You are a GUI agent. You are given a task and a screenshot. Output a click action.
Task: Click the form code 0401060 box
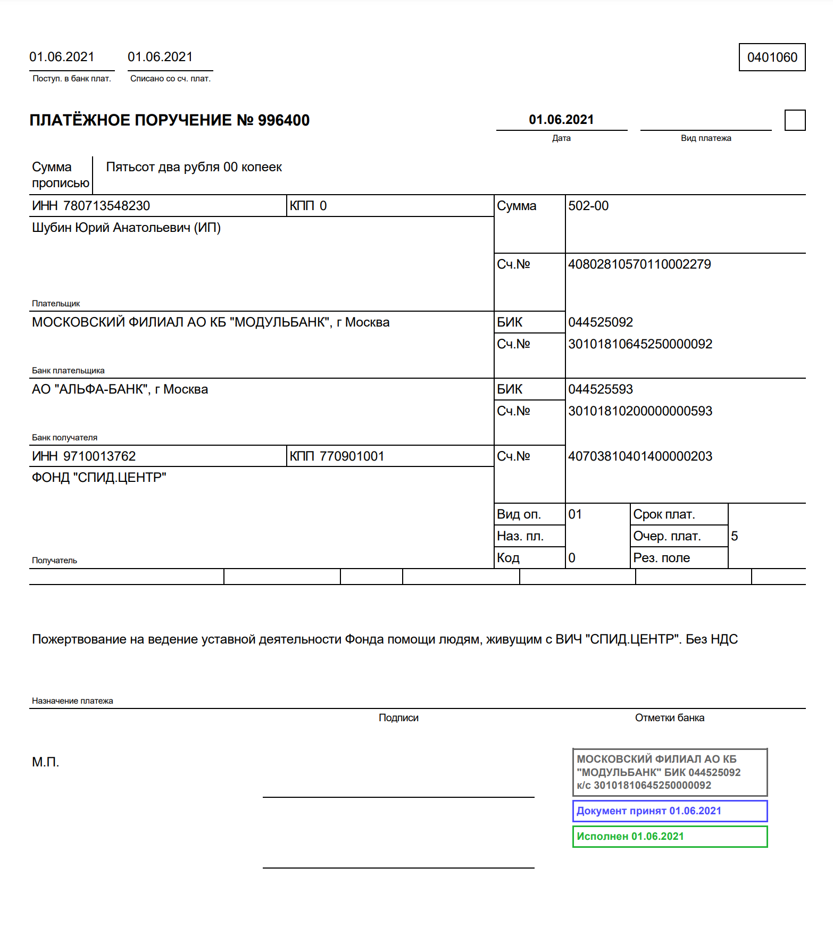pyautogui.click(x=772, y=57)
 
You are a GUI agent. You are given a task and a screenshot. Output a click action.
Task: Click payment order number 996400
pyautogui.click(x=284, y=120)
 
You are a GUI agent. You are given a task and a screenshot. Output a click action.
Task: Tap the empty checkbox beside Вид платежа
pyautogui.click(x=795, y=120)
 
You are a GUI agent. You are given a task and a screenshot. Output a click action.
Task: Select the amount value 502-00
pyautogui.click(x=588, y=206)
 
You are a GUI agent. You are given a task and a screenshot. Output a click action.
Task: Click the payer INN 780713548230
pyautogui.click(x=106, y=206)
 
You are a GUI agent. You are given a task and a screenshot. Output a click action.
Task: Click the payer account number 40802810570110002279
pyautogui.click(x=639, y=264)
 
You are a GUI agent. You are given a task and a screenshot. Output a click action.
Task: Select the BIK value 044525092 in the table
pyautogui.click(x=601, y=322)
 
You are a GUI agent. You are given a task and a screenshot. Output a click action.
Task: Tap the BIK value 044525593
pyautogui.click(x=601, y=389)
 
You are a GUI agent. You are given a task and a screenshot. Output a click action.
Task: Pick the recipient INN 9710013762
pyautogui.click(x=99, y=456)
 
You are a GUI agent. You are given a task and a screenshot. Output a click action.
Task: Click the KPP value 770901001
pyautogui.click(x=352, y=456)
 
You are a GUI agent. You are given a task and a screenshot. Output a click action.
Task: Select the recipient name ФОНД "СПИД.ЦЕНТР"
pyautogui.click(x=99, y=478)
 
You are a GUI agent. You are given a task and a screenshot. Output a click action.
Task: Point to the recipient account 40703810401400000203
pyautogui.click(x=640, y=456)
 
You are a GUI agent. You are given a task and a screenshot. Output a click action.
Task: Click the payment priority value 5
pyautogui.click(x=735, y=536)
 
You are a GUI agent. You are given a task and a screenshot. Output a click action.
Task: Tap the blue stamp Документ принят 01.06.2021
pyautogui.click(x=670, y=811)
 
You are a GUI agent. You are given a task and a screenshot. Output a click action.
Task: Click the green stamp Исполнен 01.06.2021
pyautogui.click(x=670, y=837)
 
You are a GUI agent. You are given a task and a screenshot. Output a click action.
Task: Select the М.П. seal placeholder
pyautogui.click(x=46, y=762)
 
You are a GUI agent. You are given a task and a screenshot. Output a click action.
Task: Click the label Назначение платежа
pyautogui.click(x=72, y=701)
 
